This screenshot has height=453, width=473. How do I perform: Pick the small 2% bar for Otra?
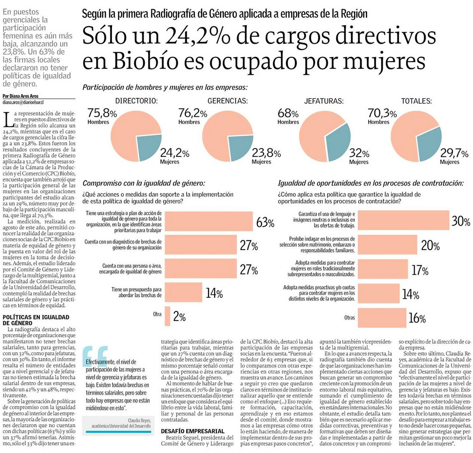pyautogui.click(x=167, y=317)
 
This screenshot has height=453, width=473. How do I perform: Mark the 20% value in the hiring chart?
pyautogui.click(x=430, y=246)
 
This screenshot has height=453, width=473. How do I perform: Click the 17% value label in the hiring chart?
pyautogui.click(x=419, y=270)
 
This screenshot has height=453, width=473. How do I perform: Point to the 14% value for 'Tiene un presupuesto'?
pyautogui.click(x=213, y=294)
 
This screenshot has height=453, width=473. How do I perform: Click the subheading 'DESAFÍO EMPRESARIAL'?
pyautogui.click(x=193, y=431)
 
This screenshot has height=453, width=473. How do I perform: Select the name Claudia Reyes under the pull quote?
pyautogui.click(x=140, y=420)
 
